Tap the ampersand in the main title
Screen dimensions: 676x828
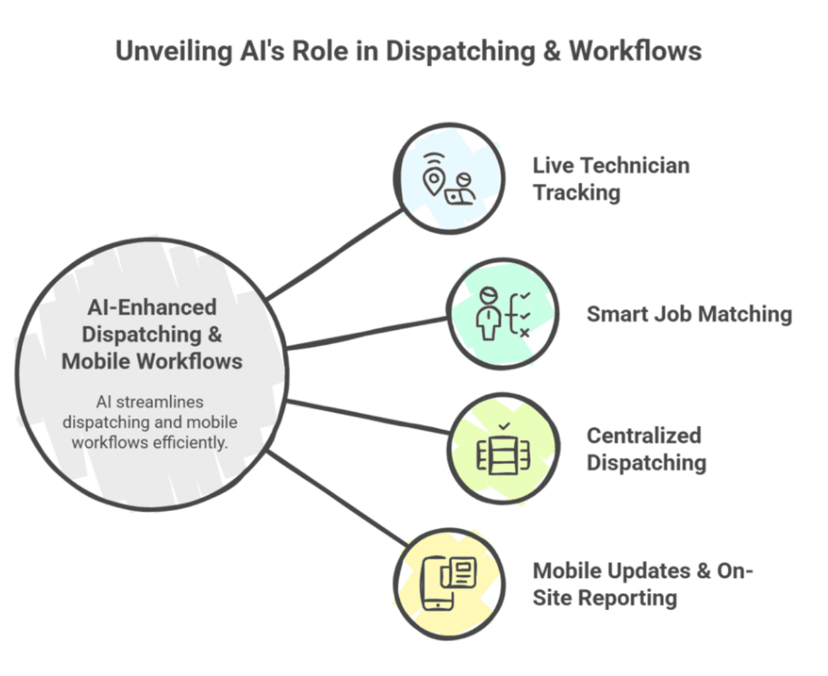pos(552,52)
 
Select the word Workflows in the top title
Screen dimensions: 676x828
pos(635,52)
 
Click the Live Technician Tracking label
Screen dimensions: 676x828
pos(611,179)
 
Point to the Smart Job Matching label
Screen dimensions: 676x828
pos(689,314)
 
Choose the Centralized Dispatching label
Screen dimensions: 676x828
pos(646,449)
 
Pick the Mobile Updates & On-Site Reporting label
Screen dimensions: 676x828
pos(642,584)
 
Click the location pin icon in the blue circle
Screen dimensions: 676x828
pos(434,179)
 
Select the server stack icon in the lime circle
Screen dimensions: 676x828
pos(503,454)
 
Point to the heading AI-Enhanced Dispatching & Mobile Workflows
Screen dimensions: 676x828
pos(152,334)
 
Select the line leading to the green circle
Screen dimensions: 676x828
pos(368,333)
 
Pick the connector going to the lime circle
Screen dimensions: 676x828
pos(368,417)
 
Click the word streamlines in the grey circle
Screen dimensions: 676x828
pos(160,402)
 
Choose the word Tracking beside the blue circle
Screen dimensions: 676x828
pos(577,193)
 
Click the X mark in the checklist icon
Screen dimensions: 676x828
pos(525,333)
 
